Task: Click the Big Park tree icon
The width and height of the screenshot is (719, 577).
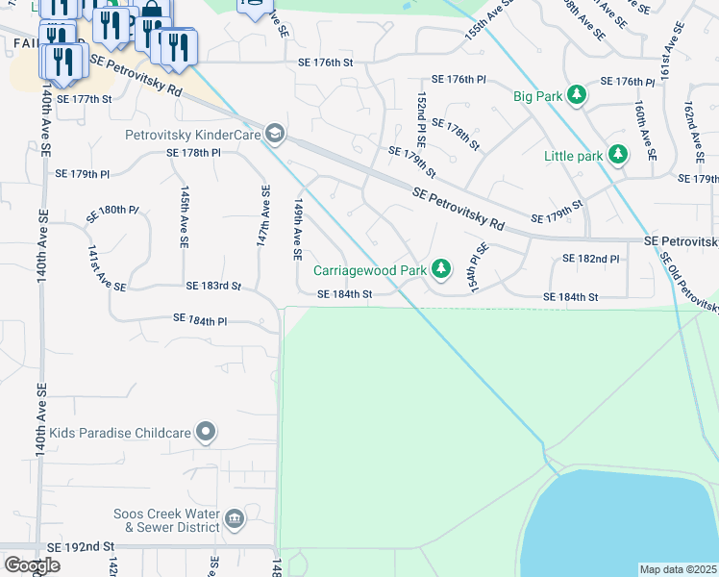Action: coord(576,95)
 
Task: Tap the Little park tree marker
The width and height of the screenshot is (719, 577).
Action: coord(619,154)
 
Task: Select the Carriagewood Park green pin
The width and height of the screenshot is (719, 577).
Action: coord(440,269)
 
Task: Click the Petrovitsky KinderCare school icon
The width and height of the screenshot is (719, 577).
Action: coord(275,134)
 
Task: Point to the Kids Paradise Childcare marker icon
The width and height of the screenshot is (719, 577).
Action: coord(205,432)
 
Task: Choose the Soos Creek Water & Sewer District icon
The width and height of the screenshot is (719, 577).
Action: coord(234,520)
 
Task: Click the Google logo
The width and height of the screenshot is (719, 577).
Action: coord(32,565)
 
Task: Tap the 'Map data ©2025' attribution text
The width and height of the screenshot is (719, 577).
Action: coord(678,569)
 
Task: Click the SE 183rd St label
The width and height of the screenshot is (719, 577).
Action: coord(213,287)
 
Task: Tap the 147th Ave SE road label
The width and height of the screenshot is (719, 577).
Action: coord(262,218)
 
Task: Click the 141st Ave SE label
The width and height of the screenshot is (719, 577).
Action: coord(107,268)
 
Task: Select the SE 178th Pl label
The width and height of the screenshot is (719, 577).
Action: coord(193,152)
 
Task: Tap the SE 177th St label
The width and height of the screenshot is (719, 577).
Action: coord(85,98)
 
